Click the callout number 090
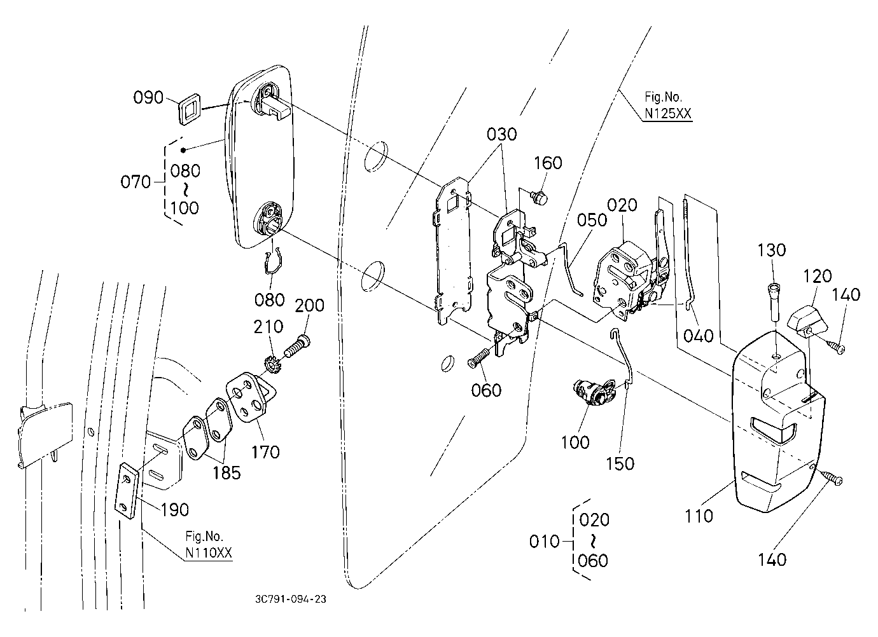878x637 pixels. click(148, 97)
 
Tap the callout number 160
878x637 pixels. click(548, 163)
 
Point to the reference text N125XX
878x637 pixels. click(668, 113)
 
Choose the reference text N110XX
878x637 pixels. click(209, 553)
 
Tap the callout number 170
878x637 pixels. click(265, 452)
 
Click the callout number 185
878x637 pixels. click(226, 473)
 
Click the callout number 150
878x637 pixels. click(620, 463)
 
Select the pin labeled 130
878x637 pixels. click(772, 302)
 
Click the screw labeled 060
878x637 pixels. click(478, 359)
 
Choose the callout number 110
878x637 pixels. click(699, 516)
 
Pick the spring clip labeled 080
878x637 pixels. click(274, 262)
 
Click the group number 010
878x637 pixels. click(544, 542)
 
